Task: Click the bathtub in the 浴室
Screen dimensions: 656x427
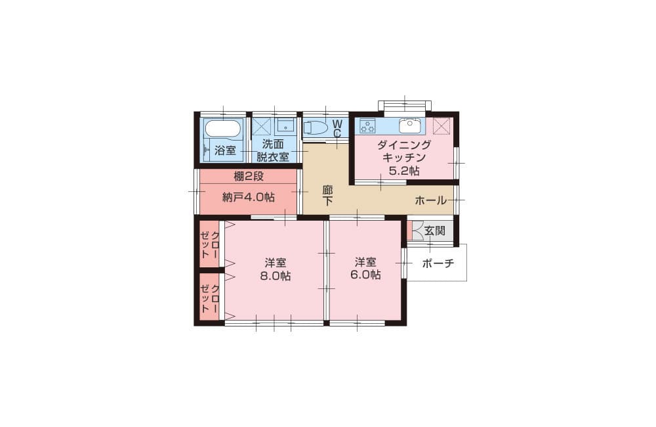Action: point(224,128)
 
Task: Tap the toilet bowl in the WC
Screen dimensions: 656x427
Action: point(315,127)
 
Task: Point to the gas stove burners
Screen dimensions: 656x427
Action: point(367,125)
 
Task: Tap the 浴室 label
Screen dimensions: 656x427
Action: point(225,150)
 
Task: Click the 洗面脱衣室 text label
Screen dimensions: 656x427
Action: point(273,150)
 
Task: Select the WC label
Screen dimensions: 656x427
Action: point(337,128)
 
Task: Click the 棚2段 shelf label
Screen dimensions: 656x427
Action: point(249,177)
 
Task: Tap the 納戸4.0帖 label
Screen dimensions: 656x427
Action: point(248,197)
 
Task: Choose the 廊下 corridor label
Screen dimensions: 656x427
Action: point(327,195)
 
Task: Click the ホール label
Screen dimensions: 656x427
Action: point(430,200)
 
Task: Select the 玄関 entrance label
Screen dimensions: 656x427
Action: point(435,231)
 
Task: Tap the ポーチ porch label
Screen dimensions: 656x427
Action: point(438,263)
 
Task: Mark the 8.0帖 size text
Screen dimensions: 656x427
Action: point(276,276)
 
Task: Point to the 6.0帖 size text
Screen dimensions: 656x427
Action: point(365,275)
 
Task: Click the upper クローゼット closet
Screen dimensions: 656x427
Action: point(209,244)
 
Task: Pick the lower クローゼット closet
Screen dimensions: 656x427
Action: point(209,299)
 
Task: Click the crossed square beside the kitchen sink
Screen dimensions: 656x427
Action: point(441,125)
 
